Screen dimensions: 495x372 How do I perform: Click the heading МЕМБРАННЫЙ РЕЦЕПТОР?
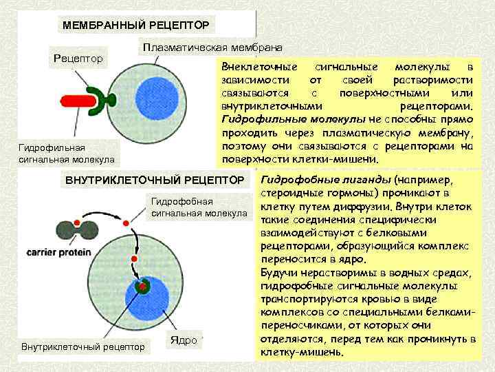coord(135,25)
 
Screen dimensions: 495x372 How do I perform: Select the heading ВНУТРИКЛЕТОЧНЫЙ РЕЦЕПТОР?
coord(155,180)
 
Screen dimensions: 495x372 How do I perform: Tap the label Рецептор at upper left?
coord(78,58)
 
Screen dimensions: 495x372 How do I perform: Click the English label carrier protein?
coord(58,253)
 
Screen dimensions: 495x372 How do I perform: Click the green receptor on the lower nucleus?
coord(143,287)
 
